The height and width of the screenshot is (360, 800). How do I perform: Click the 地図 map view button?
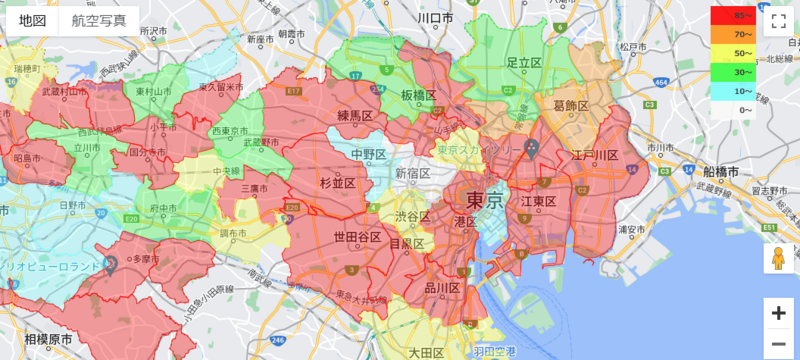coord(28,20)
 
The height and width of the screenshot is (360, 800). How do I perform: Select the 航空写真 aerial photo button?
coord(98,20)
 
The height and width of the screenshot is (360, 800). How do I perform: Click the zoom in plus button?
coord(778,312)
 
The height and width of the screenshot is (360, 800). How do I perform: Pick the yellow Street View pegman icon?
coord(778,260)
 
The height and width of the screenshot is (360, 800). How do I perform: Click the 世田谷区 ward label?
coord(357,236)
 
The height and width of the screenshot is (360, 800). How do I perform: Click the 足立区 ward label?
coord(524,63)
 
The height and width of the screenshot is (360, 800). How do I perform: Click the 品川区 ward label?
coord(439,288)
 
